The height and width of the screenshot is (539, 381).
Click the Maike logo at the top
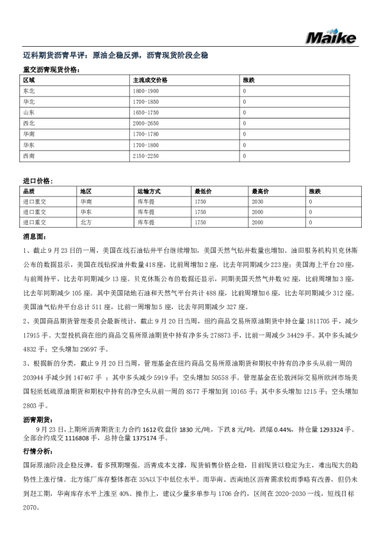coord(330,37)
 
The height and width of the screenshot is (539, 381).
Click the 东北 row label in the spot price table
coord(28,92)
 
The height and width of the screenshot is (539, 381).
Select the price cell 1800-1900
coord(145,92)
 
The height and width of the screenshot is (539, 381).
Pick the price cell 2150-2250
coord(145,156)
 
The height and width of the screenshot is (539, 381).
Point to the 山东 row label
coord(28,113)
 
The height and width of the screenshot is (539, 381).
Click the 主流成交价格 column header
coord(150,81)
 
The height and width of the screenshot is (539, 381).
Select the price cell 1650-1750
coord(145,113)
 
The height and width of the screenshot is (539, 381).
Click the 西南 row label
coord(28,156)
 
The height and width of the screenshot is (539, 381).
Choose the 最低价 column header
coord(203,191)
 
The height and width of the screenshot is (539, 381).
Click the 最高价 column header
coord(260,191)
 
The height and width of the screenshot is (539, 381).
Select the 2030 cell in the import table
coord(257,201)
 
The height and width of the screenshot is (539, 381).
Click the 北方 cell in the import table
coord(86,222)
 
